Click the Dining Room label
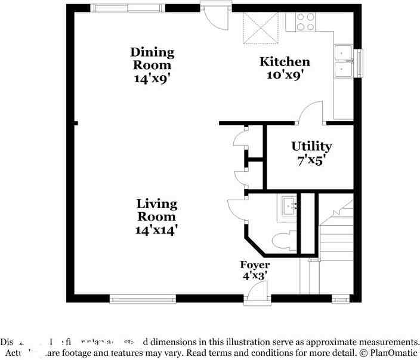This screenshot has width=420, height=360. point(153,58)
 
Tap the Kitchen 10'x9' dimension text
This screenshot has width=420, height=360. point(285,75)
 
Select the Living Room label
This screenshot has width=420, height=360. point(157,210)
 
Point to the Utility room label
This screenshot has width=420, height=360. point(311,146)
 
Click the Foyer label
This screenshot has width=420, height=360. point(255,265)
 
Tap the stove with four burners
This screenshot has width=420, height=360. point(305,22)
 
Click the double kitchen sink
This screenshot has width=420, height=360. point(343,61)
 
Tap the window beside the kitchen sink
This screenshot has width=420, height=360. point(359,63)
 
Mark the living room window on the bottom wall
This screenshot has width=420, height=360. point(143,299)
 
